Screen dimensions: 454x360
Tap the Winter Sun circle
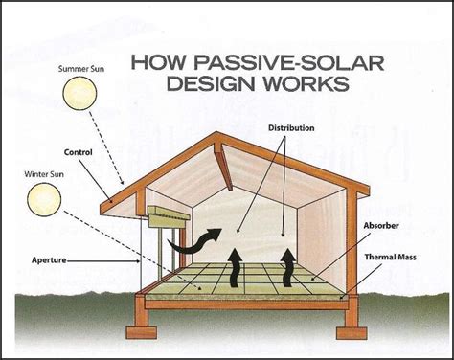click(x=44, y=200)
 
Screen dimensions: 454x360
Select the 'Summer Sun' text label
click(x=80, y=68)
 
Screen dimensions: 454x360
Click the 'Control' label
click(x=78, y=151)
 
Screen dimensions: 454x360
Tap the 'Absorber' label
click(x=383, y=226)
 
